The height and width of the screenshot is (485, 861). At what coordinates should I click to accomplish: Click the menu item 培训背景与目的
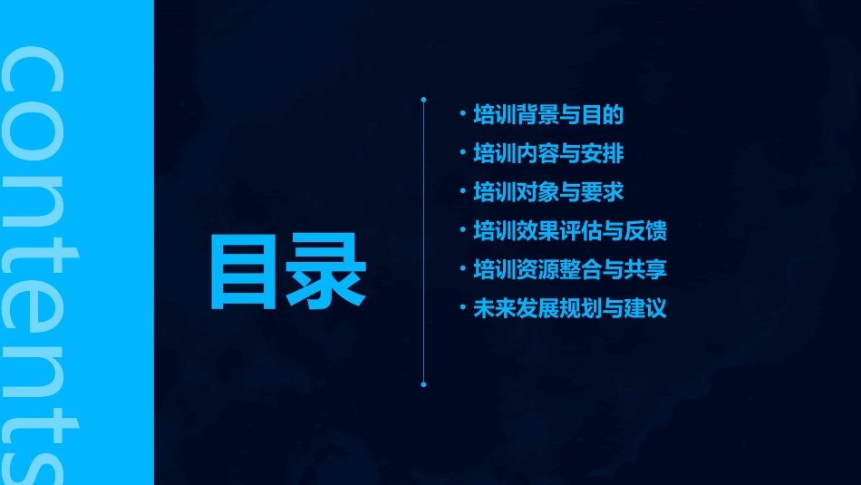(x=548, y=116)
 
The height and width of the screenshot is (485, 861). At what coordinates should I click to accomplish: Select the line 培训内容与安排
(x=548, y=154)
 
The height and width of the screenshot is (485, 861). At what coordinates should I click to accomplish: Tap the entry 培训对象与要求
(x=548, y=192)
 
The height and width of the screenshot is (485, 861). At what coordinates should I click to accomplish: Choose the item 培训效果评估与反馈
(x=570, y=231)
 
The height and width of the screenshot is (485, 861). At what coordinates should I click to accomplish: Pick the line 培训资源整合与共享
(x=570, y=269)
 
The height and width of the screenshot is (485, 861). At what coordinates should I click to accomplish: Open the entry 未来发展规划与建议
(x=570, y=308)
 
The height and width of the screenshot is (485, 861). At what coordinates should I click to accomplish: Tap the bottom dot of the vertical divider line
(x=423, y=384)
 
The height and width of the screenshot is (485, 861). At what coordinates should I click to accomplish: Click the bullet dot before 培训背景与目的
(x=463, y=115)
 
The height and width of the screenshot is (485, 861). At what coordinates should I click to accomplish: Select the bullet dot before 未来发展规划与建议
(x=463, y=308)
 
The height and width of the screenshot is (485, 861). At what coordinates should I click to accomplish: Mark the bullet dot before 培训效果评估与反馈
(x=463, y=231)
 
